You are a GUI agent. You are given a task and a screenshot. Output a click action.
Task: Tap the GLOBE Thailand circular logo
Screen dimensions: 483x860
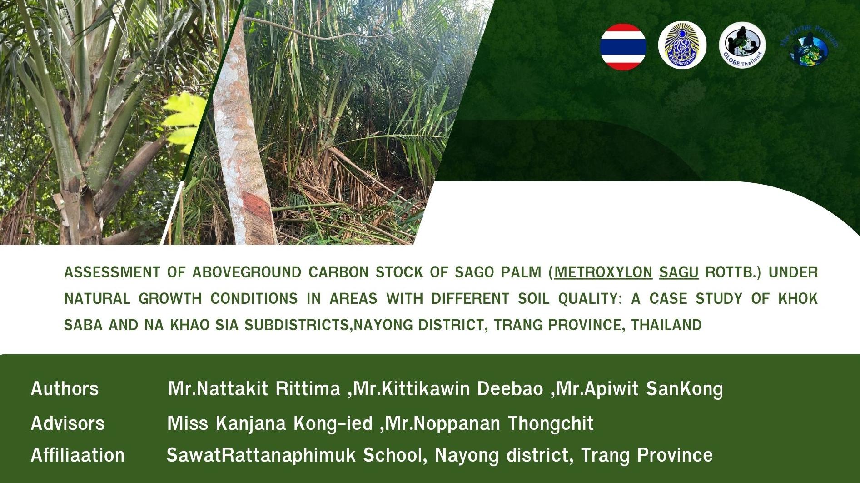[742, 45]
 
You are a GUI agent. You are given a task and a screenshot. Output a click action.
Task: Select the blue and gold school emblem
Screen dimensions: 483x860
[682, 45]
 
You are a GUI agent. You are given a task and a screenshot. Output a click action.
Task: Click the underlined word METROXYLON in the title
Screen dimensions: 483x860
[603, 272]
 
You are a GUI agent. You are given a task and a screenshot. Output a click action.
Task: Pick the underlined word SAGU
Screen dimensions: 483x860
[678, 272]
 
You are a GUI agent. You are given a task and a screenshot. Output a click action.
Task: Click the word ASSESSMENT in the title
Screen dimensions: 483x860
[112, 272]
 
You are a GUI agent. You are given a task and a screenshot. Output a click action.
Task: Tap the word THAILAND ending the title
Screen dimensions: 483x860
[666, 325]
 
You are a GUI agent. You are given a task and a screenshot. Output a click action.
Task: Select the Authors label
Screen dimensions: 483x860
[65, 389]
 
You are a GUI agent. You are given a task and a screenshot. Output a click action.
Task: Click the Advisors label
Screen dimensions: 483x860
[68, 423]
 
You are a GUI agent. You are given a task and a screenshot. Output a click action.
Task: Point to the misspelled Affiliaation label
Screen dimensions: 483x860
[78, 455]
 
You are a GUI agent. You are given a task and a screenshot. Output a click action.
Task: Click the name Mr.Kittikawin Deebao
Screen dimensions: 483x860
[448, 389]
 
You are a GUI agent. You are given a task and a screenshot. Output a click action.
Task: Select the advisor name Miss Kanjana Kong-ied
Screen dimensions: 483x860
[270, 423]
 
